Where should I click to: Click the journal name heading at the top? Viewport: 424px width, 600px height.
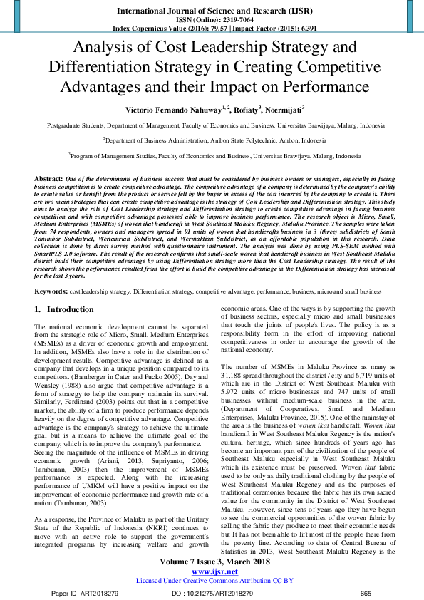(x=212, y=12)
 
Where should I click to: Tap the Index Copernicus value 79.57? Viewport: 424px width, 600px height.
(x=212, y=29)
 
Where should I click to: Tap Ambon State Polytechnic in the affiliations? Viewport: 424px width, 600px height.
(x=254, y=140)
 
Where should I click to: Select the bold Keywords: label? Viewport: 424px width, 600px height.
(x=51, y=292)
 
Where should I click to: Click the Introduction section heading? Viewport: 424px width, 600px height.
(x=70, y=310)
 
